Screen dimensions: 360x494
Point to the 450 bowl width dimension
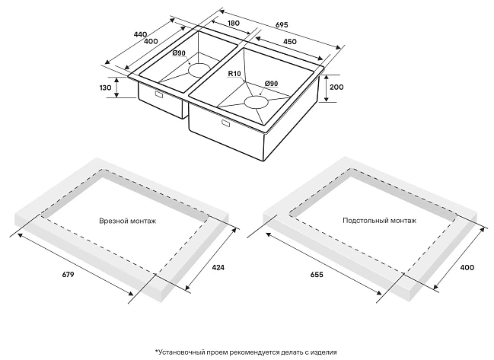[x=290, y=43]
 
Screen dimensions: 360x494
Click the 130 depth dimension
[x=106, y=88]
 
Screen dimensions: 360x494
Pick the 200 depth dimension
[x=336, y=88]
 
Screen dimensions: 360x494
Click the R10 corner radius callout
[x=234, y=74]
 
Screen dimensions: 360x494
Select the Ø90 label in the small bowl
[x=179, y=53]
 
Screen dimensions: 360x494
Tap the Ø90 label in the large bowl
[x=271, y=83]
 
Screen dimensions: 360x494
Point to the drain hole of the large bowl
[x=257, y=100]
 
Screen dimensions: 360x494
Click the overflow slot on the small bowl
[x=158, y=95]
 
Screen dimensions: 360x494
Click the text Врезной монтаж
[x=128, y=221]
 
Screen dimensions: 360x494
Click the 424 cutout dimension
[x=217, y=267]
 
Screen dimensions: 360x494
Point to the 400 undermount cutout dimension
[x=467, y=267]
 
